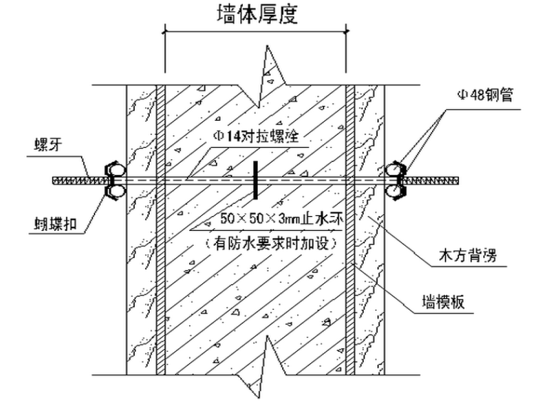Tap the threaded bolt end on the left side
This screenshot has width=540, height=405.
click(75, 180)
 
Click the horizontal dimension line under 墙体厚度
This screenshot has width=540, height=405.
click(255, 31)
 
